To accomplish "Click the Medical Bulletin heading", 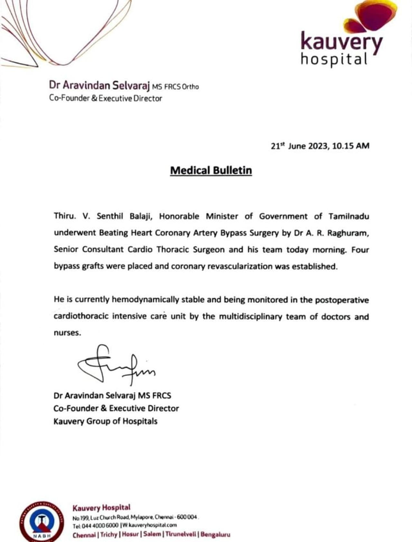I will (x=211, y=170).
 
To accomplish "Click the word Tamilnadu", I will (x=349, y=216).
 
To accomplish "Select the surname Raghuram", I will (x=348, y=233).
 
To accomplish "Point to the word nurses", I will (x=67, y=333).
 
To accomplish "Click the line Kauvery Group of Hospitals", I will (x=106, y=421).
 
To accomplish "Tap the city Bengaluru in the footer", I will (x=215, y=535).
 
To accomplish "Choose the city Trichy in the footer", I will (x=109, y=535).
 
